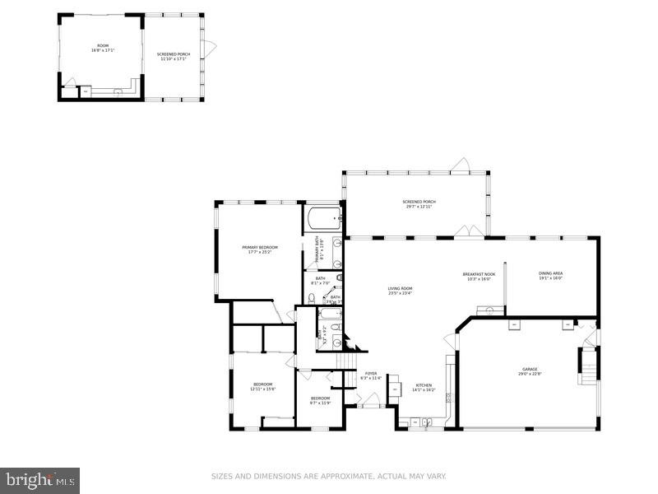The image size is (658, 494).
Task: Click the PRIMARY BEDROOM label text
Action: coord(259,247)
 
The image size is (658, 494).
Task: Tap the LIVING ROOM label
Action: coord(401,288)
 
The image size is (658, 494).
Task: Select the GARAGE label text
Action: coord(529,370)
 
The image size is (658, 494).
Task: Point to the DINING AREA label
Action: coord(551,273)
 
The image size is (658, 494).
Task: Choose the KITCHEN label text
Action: coord(424,385)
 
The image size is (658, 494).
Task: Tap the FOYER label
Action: coord(370,374)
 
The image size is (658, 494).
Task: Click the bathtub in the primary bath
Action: coord(322,219)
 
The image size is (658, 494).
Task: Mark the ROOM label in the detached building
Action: coord(102,47)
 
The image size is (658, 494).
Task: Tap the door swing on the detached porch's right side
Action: coord(210,49)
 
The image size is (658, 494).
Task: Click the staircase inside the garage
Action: coord(588,366)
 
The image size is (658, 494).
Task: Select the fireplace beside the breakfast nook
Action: coord(490,310)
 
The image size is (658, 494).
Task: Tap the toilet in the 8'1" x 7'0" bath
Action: coord(313,299)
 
